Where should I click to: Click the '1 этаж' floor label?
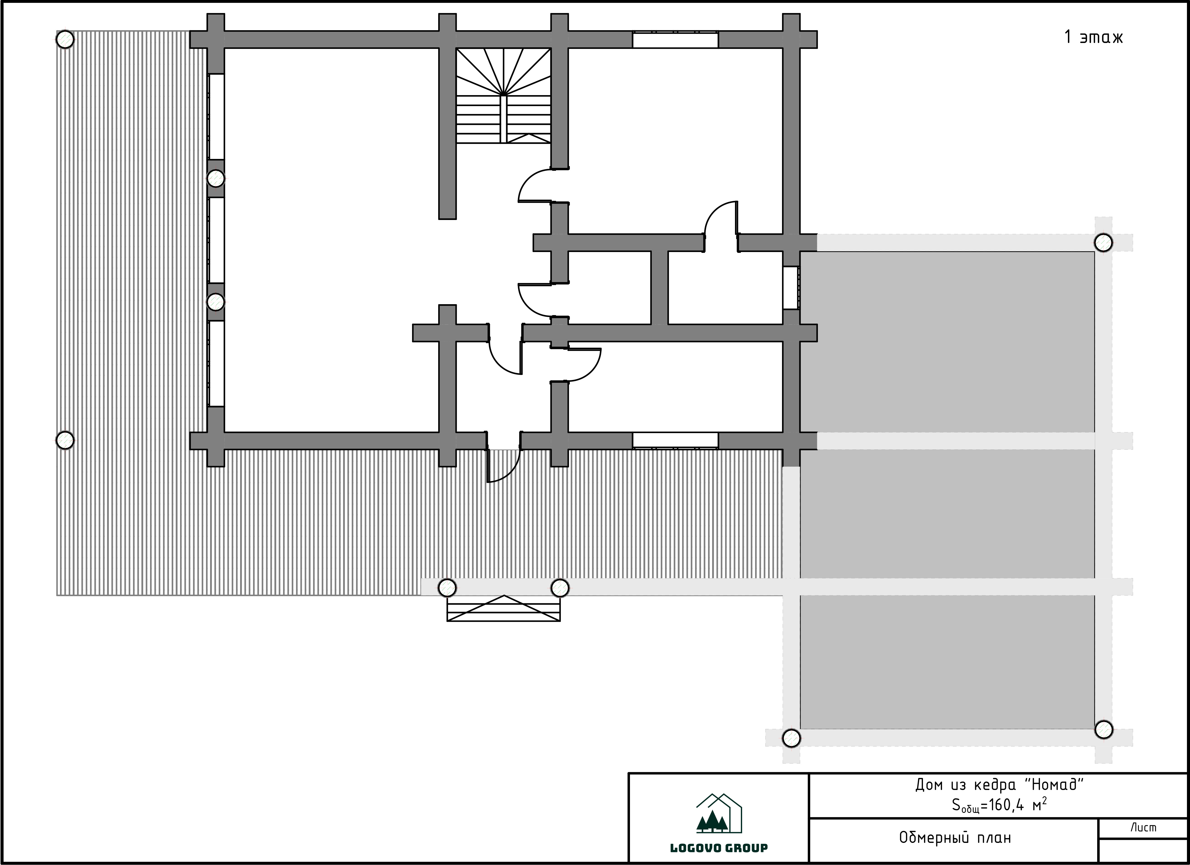click(x=1093, y=37)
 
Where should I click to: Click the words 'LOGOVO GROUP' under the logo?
click(x=719, y=848)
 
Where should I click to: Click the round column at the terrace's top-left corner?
click(x=65, y=39)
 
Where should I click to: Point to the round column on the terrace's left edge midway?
click(x=65, y=440)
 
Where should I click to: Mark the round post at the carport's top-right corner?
click(x=1104, y=243)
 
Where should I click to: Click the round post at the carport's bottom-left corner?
click(x=791, y=738)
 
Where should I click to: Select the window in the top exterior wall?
click(x=675, y=40)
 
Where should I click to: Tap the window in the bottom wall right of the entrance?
click(x=675, y=441)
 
